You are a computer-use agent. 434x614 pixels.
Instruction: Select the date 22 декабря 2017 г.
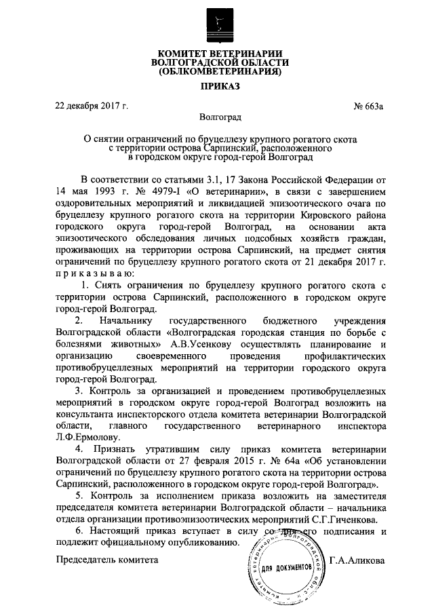coord(92,105)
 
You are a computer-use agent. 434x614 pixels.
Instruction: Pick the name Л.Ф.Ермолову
coord(88,438)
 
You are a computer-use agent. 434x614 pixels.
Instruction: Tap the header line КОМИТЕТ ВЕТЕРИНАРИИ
coord(219,53)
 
